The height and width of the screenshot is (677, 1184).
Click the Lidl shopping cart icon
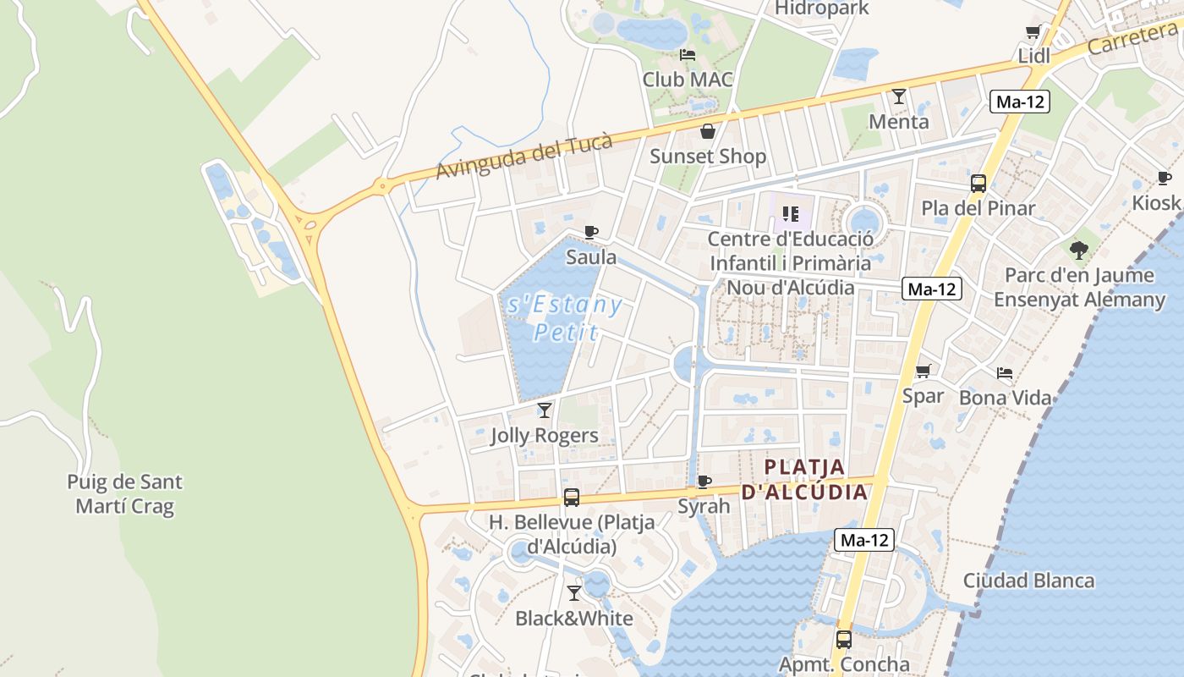1033,32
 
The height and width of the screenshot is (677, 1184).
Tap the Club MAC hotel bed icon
688,55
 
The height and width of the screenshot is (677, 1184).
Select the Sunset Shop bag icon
708,131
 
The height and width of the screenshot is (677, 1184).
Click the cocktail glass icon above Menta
899,96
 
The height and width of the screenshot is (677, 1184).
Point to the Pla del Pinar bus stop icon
978,183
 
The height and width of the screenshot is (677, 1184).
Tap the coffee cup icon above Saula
591,232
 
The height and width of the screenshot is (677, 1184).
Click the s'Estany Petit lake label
565,317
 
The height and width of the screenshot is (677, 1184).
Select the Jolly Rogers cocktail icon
545,410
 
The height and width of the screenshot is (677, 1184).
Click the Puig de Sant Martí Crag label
124,494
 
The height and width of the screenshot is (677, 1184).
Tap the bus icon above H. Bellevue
572,498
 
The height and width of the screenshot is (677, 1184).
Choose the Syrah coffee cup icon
704,482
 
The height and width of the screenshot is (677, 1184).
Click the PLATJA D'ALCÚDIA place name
804,479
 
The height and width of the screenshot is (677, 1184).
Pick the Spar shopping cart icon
924,371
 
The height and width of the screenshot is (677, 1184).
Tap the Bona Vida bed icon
1005,372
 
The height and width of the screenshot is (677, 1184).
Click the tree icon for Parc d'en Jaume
1078,250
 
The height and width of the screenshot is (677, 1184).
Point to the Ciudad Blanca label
1028,581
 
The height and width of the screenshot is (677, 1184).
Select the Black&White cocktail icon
574,593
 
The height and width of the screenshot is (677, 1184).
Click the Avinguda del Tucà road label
523,157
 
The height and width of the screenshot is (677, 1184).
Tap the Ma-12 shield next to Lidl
1020,102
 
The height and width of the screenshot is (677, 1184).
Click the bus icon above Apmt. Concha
844,640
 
